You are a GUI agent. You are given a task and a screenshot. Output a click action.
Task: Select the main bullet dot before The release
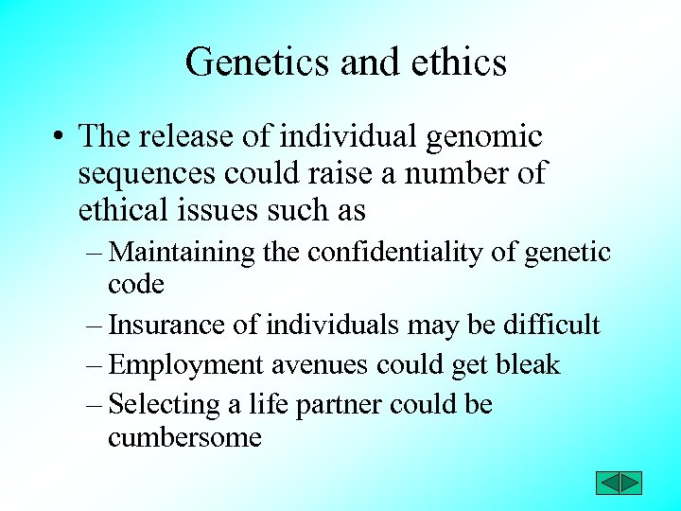[59, 138]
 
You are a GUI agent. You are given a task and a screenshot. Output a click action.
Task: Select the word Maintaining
[183, 253]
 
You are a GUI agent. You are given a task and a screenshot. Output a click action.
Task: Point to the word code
[136, 284]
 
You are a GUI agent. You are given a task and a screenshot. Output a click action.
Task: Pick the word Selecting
[165, 405]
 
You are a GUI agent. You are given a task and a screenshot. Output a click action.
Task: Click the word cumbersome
[184, 437]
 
